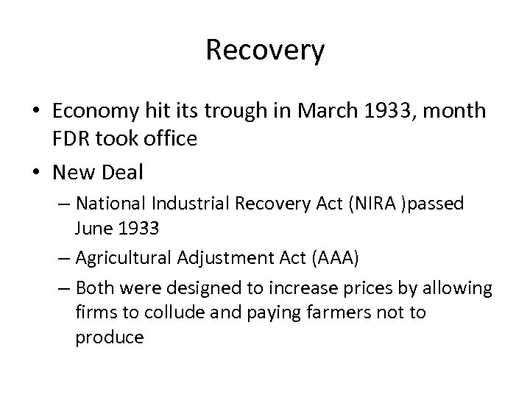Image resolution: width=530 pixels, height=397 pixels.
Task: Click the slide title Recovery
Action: pos(265,51)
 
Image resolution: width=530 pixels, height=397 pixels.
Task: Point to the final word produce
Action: pos(109,337)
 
